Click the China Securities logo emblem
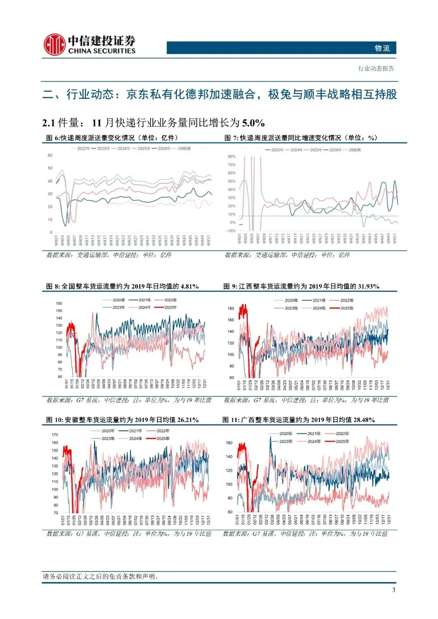[x=54, y=44]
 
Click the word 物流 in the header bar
[x=382, y=48]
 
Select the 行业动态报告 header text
[x=376, y=69]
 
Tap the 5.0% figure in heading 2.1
[x=253, y=122]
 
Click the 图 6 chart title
[x=112, y=138]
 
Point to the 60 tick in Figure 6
[x=50, y=155]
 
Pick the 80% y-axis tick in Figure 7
[x=231, y=156]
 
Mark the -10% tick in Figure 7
[x=231, y=231]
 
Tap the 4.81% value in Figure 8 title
[x=189, y=286]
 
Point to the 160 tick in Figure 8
[x=59, y=303]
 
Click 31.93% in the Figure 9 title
[x=368, y=286]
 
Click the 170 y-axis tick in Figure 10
[x=55, y=435]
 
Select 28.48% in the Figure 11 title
[x=364, y=420]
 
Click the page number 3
[x=393, y=590]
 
